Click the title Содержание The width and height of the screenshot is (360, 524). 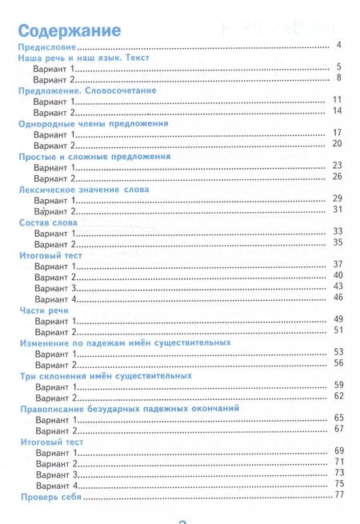69,30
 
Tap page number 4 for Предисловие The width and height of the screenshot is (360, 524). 339,45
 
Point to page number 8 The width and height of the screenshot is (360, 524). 339,78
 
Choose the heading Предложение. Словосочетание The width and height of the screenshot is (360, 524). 87,91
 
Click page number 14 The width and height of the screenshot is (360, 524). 338,110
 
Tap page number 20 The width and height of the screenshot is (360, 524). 338,143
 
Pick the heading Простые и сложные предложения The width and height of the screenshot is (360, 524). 94,158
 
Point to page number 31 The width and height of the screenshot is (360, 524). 338,210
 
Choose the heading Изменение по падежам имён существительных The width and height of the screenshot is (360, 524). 124,342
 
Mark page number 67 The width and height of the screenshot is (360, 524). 338,429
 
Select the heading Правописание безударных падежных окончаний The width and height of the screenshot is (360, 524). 130,408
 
